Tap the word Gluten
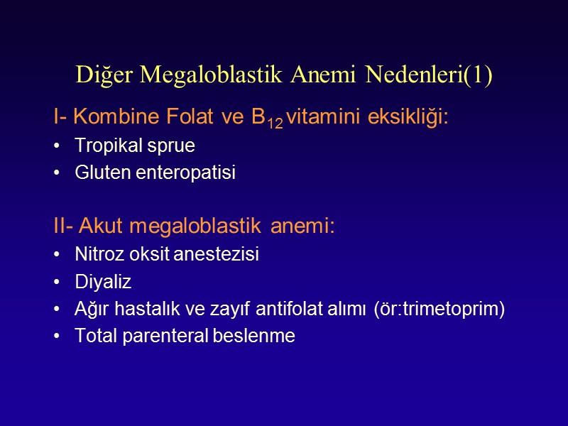click(97, 173)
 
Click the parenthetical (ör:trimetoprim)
click(439, 310)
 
